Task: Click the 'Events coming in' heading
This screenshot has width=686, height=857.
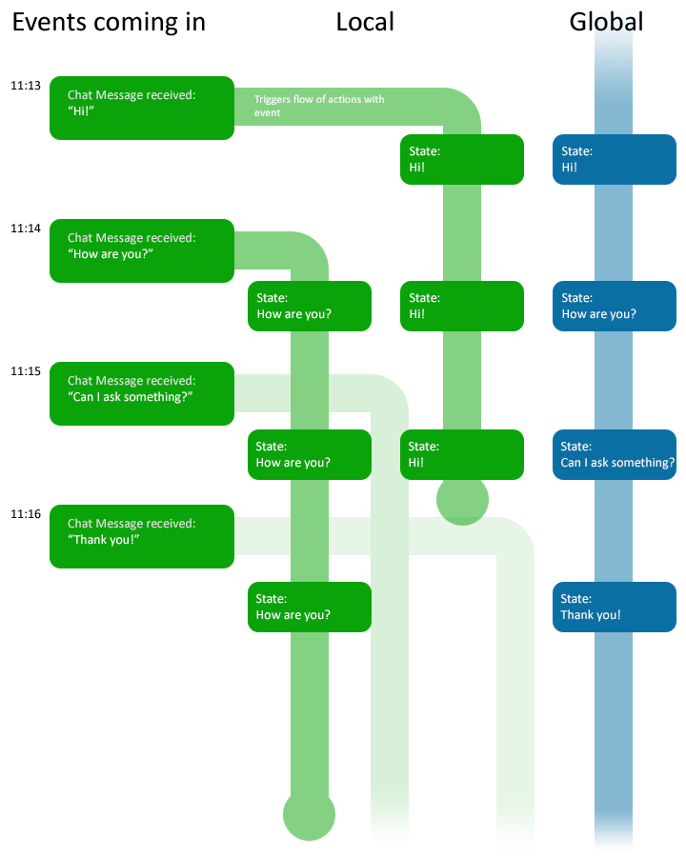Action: click(x=109, y=23)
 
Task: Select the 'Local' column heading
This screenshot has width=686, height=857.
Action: click(x=365, y=23)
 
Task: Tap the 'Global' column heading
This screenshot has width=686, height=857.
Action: click(x=606, y=23)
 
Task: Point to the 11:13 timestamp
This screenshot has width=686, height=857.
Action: click(x=26, y=86)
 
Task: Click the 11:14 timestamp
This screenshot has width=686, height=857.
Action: click(x=26, y=229)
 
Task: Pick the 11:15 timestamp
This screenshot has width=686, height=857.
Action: click(x=26, y=371)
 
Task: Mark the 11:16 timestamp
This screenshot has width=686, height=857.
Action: click(x=26, y=514)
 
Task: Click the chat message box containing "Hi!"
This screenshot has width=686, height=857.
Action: click(x=142, y=108)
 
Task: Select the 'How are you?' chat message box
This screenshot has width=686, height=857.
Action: click(x=142, y=250)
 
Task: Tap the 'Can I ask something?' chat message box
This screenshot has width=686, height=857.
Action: click(x=142, y=393)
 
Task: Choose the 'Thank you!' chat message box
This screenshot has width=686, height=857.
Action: click(x=142, y=536)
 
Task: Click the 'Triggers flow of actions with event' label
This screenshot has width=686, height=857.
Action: click(x=319, y=106)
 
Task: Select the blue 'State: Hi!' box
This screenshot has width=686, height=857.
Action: click(x=615, y=159)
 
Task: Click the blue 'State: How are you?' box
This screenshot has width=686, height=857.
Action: click(x=615, y=306)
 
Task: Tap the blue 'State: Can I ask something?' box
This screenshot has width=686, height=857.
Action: click(x=615, y=455)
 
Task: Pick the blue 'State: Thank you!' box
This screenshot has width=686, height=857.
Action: click(x=615, y=607)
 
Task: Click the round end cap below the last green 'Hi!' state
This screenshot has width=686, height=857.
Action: click(x=462, y=502)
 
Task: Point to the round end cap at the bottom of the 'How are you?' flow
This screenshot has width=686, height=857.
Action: click(x=309, y=814)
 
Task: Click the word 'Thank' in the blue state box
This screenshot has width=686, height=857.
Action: click(x=576, y=615)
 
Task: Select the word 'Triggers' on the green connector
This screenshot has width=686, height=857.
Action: click(x=272, y=99)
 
